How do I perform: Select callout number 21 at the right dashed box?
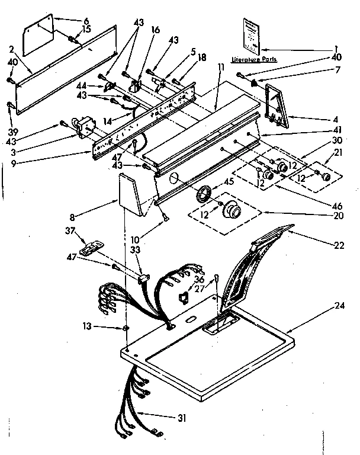click(x=338, y=153)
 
